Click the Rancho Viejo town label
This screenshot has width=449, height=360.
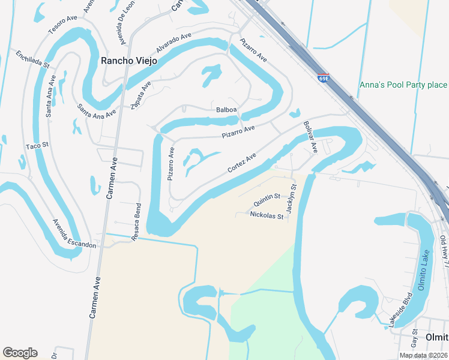click(128, 61)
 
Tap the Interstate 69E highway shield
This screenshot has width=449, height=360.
click(323, 78)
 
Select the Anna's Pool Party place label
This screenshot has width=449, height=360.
click(403, 85)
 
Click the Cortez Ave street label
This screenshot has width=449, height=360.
click(242, 163)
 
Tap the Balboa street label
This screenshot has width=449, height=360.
click(227, 110)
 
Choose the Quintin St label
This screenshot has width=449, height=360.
click(267, 197)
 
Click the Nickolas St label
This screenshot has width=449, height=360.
click(266, 215)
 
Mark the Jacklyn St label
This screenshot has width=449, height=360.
click(291, 199)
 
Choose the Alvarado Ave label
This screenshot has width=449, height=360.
click(173, 43)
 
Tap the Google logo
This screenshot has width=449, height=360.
click(20, 353)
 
